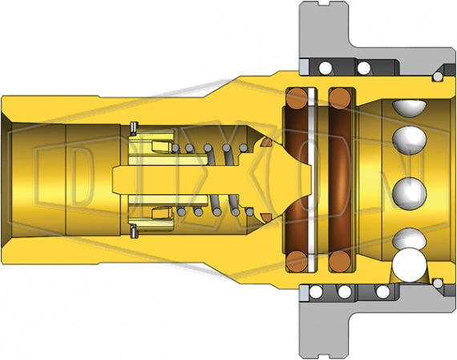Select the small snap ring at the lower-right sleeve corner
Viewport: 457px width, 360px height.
[436, 282]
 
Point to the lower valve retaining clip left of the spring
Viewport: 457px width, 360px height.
[134, 232]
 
